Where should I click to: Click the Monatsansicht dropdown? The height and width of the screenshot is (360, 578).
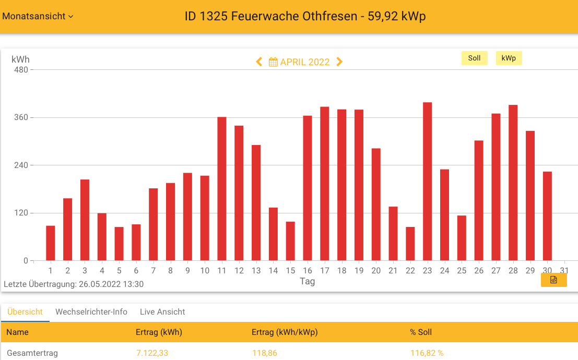coord(38,16)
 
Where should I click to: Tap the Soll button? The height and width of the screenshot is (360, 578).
coord(474,58)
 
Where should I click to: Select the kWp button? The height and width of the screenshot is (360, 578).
coord(509,58)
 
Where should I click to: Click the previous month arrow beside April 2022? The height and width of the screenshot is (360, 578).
coord(259,62)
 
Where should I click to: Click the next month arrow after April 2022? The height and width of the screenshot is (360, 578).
coord(339,62)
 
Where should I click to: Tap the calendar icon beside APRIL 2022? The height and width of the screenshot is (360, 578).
coord(273,62)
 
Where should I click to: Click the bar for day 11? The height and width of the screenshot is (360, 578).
coord(222,189)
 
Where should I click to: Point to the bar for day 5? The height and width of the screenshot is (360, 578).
coord(119,244)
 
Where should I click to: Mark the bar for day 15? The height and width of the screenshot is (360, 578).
coord(290,241)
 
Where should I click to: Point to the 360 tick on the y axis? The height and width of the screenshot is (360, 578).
coord(21,117)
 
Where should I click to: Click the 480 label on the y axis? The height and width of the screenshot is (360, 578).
coord(21,70)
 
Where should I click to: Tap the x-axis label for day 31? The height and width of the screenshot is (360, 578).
coord(564,270)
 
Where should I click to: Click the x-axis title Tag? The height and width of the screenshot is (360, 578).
coord(307,281)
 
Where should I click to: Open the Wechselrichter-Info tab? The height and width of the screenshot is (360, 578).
coord(91,312)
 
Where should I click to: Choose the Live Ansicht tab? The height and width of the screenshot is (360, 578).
coord(162,312)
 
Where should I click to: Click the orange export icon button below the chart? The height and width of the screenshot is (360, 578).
coord(553,280)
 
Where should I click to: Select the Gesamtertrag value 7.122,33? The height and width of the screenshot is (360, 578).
coord(152,353)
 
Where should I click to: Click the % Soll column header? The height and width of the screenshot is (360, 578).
coord(421,332)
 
